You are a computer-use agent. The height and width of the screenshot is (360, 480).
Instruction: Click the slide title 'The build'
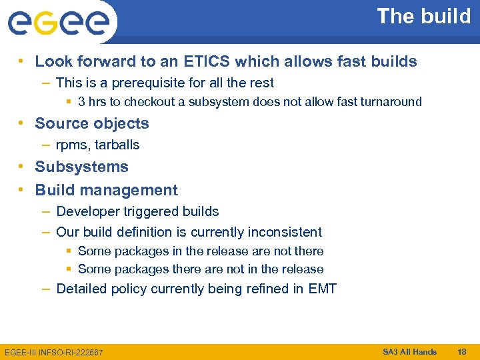(423, 17)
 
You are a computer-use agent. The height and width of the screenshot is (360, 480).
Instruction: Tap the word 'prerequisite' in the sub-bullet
(137, 83)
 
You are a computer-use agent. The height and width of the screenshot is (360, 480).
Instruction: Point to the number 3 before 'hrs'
(81, 102)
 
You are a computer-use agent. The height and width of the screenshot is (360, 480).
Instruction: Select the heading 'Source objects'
(92, 123)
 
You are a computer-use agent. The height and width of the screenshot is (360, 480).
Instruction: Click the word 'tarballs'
(117, 145)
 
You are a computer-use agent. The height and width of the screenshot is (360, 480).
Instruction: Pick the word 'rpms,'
(73, 145)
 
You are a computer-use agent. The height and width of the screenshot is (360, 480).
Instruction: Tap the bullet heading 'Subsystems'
(81, 167)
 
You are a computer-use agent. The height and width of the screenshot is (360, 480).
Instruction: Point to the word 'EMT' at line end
(323, 289)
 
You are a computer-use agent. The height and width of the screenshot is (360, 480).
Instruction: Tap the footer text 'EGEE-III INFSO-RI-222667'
(53, 352)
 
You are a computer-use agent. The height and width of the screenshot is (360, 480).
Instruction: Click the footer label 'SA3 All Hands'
(409, 352)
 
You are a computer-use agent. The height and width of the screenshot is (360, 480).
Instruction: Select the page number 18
(462, 352)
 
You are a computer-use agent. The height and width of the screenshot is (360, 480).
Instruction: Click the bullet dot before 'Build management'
(22, 190)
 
